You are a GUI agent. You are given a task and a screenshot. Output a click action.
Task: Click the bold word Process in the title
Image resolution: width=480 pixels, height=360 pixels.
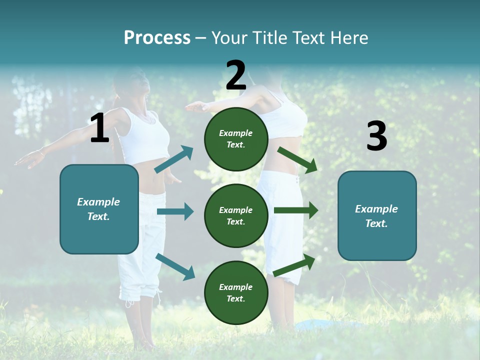click(157, 37)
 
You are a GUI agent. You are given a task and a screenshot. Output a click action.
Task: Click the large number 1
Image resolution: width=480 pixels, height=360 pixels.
click(99, 128)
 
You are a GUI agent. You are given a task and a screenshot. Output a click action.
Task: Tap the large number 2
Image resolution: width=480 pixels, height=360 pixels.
click(236, 75)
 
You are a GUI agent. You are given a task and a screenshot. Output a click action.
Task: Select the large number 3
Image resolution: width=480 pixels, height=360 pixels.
click(376, 136)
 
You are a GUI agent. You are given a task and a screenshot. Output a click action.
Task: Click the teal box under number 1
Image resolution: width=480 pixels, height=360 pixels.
click(99, 209)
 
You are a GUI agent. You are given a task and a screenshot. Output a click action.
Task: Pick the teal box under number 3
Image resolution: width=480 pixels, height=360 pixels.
click(377, 215)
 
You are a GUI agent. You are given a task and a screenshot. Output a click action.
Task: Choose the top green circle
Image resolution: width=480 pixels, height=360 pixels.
click(236, 139)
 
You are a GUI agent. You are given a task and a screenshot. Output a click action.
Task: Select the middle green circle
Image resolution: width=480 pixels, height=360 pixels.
click(236, 215)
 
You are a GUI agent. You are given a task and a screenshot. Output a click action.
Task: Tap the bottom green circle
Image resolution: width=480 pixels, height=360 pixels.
click(236, 292)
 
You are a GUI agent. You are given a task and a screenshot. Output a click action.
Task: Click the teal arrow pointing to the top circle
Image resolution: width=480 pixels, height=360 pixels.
click(173, 159)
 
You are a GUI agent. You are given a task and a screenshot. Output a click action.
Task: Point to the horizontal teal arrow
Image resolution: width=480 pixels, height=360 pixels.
click(175, 211)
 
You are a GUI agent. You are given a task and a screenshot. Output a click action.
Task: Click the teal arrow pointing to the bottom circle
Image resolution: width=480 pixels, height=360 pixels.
click(175, 266)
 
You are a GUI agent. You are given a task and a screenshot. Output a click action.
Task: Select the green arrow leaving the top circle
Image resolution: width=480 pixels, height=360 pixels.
click(297, 159)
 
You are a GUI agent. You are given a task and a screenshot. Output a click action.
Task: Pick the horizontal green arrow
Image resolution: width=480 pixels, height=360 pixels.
click(296, 210)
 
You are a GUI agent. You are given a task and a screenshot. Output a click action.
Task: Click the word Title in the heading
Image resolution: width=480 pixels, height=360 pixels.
click(270, 37)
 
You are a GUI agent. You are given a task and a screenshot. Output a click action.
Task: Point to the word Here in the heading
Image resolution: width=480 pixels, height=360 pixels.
click(349, 37)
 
